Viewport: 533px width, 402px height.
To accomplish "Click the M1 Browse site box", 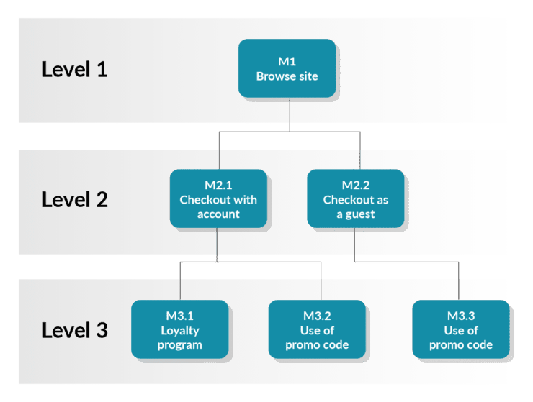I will click(x=287, y=68).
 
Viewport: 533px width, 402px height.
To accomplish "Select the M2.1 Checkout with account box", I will click(x=218, y=199).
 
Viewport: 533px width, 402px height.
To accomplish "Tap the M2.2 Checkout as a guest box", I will click(x=355, y=199).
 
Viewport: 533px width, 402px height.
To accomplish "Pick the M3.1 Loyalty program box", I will click(x=180, y=330).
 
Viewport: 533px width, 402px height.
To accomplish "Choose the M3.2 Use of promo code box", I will click(x=317, y=330).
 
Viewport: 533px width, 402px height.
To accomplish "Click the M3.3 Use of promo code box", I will click(x=461, y=330).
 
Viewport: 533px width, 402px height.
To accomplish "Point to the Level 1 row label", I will click(x=74, y=70).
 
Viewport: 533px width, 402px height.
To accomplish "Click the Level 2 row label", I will click(x=74, y=199).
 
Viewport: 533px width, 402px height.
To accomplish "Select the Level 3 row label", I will click(x=74, y=330).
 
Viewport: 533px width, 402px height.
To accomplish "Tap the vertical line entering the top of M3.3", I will click(x=458, y=284).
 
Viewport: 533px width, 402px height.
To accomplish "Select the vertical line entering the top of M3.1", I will click(x=180, y=284).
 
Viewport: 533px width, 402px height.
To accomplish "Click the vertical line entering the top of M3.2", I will click(x=321, y=284).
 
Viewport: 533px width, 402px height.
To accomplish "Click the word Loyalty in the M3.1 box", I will click(x=180, y=331).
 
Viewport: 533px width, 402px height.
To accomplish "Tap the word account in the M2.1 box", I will click(x=218, y=214).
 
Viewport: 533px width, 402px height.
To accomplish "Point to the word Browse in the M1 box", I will click(x=271, y=76).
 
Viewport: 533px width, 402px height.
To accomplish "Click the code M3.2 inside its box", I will click(x=317, y=316).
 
